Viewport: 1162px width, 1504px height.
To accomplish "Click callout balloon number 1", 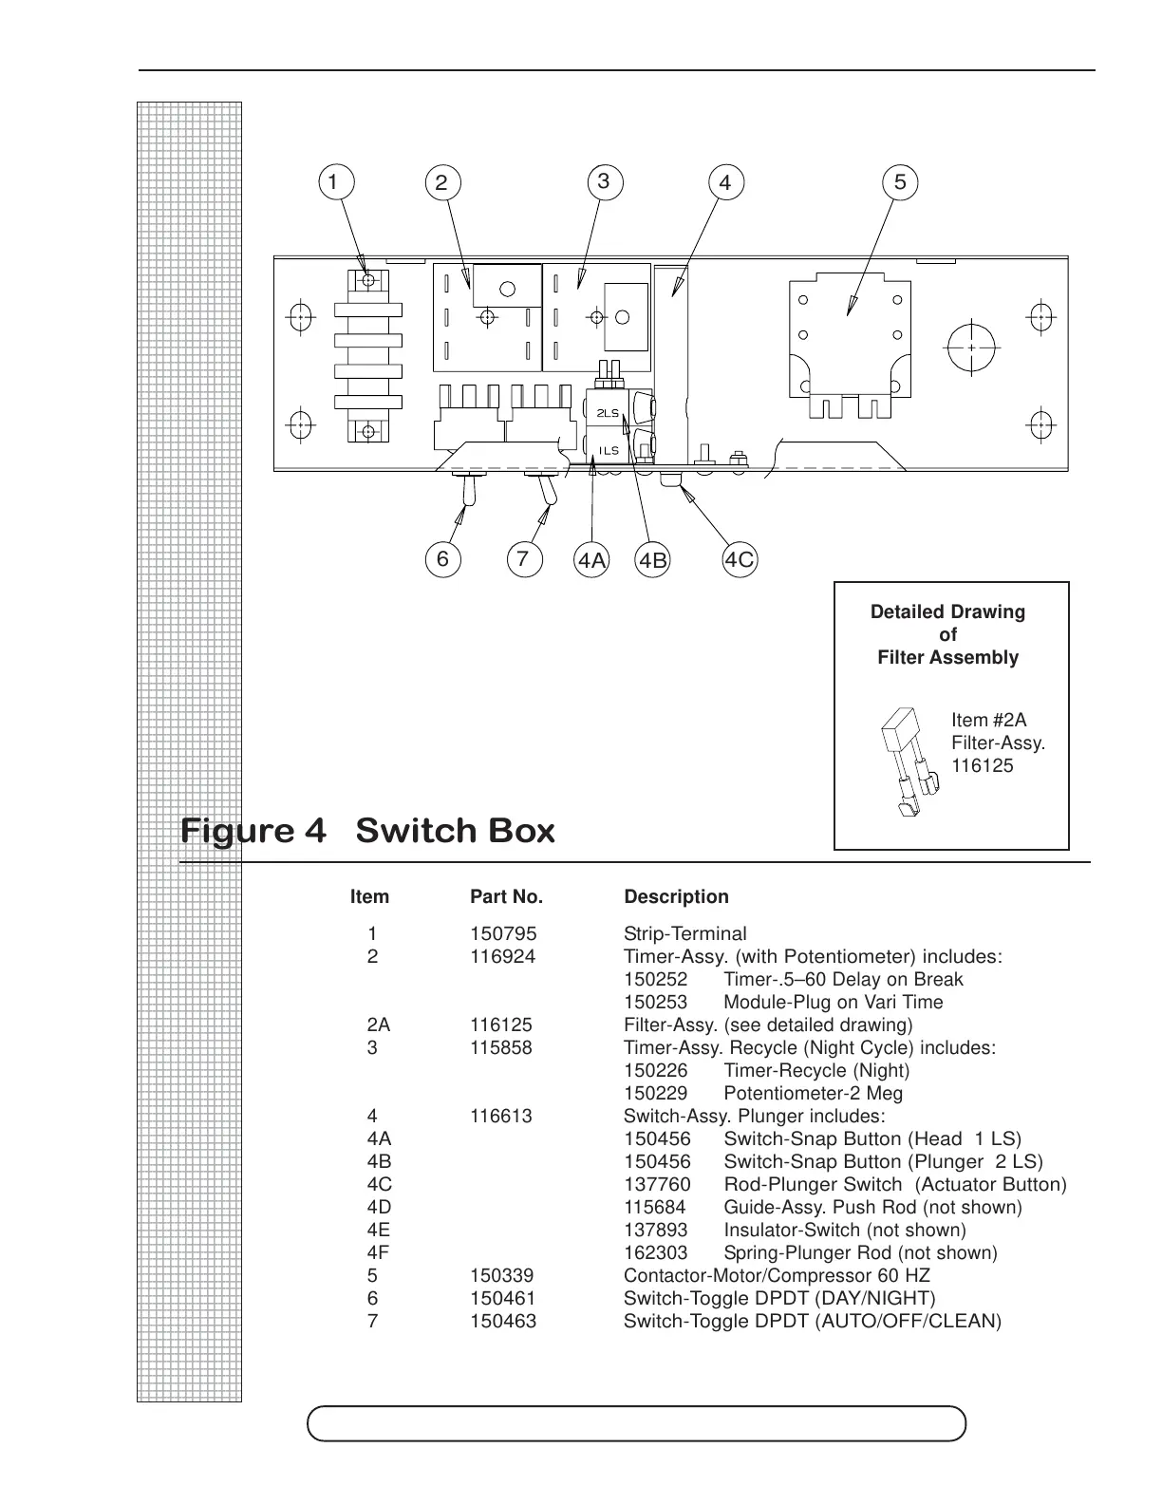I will click(x=333, y=181).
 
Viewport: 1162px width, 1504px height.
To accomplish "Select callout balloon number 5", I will click(x=900, y=181).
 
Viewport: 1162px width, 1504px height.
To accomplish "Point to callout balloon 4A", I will click(x=591, y=560).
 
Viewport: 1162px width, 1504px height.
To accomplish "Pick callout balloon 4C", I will click(x=740, y=559).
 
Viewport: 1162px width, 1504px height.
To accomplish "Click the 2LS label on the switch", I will click(x=608, y=414).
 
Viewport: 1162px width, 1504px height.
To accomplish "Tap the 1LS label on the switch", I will click(x=609, y=450).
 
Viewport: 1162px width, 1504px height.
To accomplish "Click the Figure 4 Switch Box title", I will click(x=367, y=832).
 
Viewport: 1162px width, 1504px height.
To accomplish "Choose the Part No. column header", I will click(x=506, y=897).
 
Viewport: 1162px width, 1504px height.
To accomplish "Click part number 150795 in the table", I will click(x=503, y=934).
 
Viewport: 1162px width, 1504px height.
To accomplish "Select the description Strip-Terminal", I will click(x=684, y=934).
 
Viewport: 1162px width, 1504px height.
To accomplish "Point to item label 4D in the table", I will click(x=379, y=1208).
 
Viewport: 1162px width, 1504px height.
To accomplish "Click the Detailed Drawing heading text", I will click(x=947, y=612).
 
